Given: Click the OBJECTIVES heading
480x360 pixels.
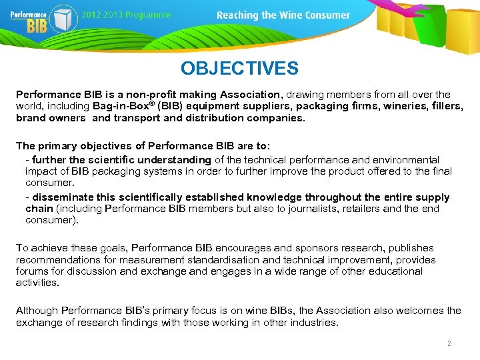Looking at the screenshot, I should (x=239, y=68).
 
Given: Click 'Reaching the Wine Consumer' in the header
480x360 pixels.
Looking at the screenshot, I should (x=283, y=15).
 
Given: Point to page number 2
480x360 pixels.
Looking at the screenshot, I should (x=449, y=343).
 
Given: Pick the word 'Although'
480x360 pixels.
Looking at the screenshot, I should (x=37, y=311).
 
